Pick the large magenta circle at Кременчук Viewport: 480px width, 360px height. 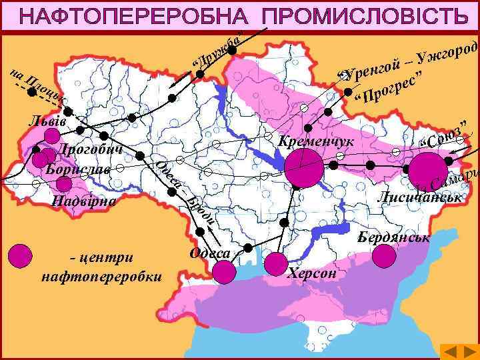point(303,168)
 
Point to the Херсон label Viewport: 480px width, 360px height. point(313,274)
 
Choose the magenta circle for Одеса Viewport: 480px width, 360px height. point(224,271)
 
